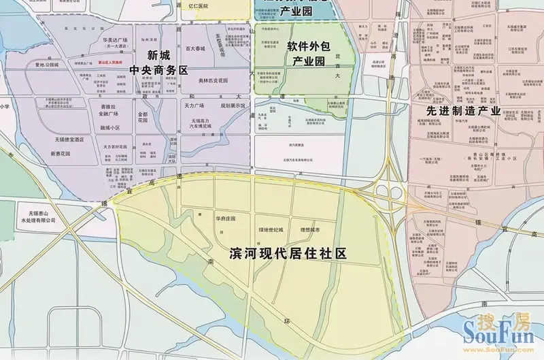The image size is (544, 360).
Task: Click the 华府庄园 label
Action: pos(224,220)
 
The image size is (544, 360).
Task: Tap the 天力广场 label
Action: pos(194,107)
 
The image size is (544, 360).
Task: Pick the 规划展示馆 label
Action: pos(232,107)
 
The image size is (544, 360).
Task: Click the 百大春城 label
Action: pos(195,49)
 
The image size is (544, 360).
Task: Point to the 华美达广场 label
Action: pos(116,41)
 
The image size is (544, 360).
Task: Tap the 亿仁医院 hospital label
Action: pos(196,6)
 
